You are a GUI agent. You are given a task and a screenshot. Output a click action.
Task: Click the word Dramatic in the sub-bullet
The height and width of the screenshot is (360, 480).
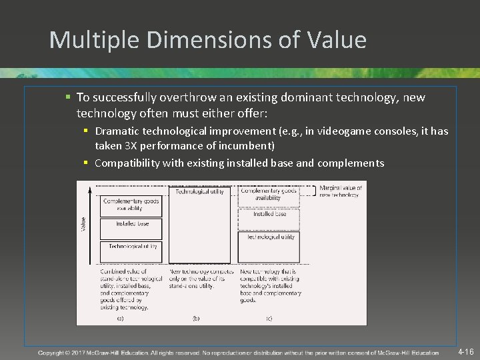click(117, 131)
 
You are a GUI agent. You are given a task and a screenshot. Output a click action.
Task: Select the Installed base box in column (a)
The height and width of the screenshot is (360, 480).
click(131, 224)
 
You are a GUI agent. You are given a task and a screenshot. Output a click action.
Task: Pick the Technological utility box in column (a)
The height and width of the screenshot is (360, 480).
click(131, 247)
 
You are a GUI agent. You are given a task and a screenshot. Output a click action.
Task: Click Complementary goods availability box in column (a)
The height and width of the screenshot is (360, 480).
click(131, 204)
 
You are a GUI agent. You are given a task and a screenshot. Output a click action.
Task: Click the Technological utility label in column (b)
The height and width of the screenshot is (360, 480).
click(199, 191)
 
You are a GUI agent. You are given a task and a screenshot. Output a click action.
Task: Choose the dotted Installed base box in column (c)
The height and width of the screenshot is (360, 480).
click(269, 215)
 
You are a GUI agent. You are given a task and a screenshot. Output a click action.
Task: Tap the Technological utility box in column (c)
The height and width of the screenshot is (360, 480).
click(269, 237)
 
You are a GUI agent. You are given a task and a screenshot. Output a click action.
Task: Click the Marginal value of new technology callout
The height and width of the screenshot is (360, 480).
click(341, 191)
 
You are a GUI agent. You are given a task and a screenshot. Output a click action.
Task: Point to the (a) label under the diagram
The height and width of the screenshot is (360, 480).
click(119, 319)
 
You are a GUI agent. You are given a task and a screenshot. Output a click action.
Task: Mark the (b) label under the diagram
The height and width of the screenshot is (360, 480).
click(196, 319)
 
